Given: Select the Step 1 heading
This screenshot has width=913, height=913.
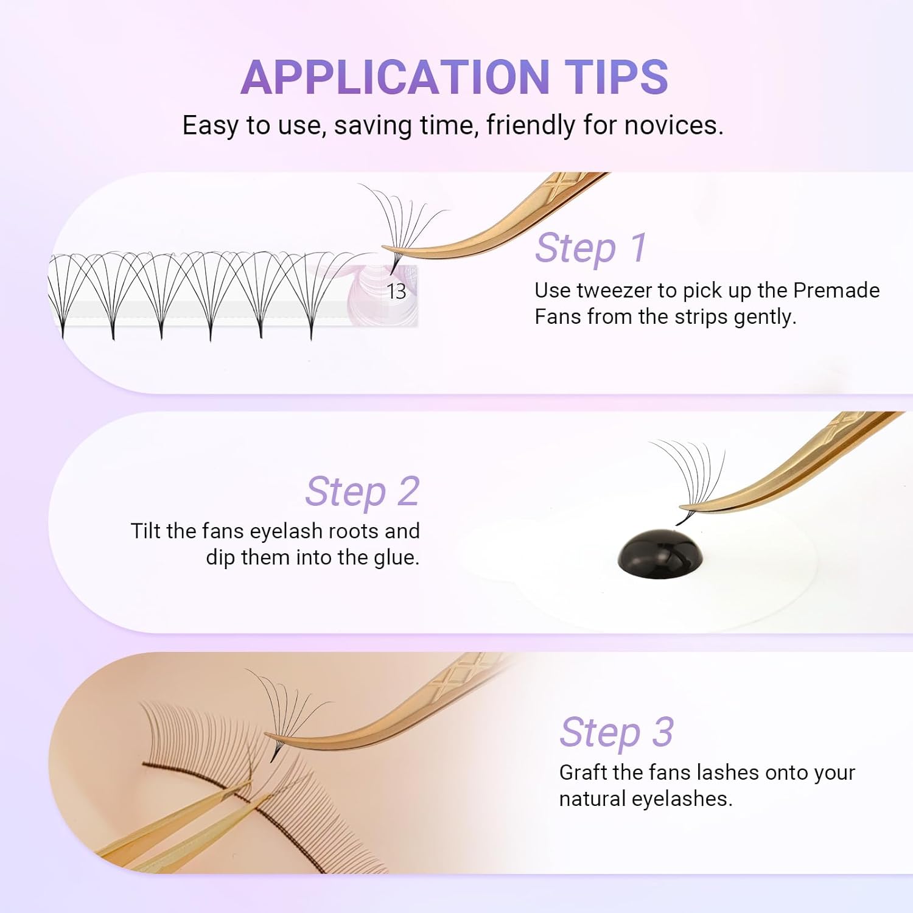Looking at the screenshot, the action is pos(590,248).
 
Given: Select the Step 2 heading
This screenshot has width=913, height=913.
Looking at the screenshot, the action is pos(363,492).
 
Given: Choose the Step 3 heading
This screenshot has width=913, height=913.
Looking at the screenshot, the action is pos(617,732).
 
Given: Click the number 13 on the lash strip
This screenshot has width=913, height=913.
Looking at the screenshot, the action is pos(396,292).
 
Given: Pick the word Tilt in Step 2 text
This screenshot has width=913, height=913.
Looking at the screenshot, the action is pos(145,531).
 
